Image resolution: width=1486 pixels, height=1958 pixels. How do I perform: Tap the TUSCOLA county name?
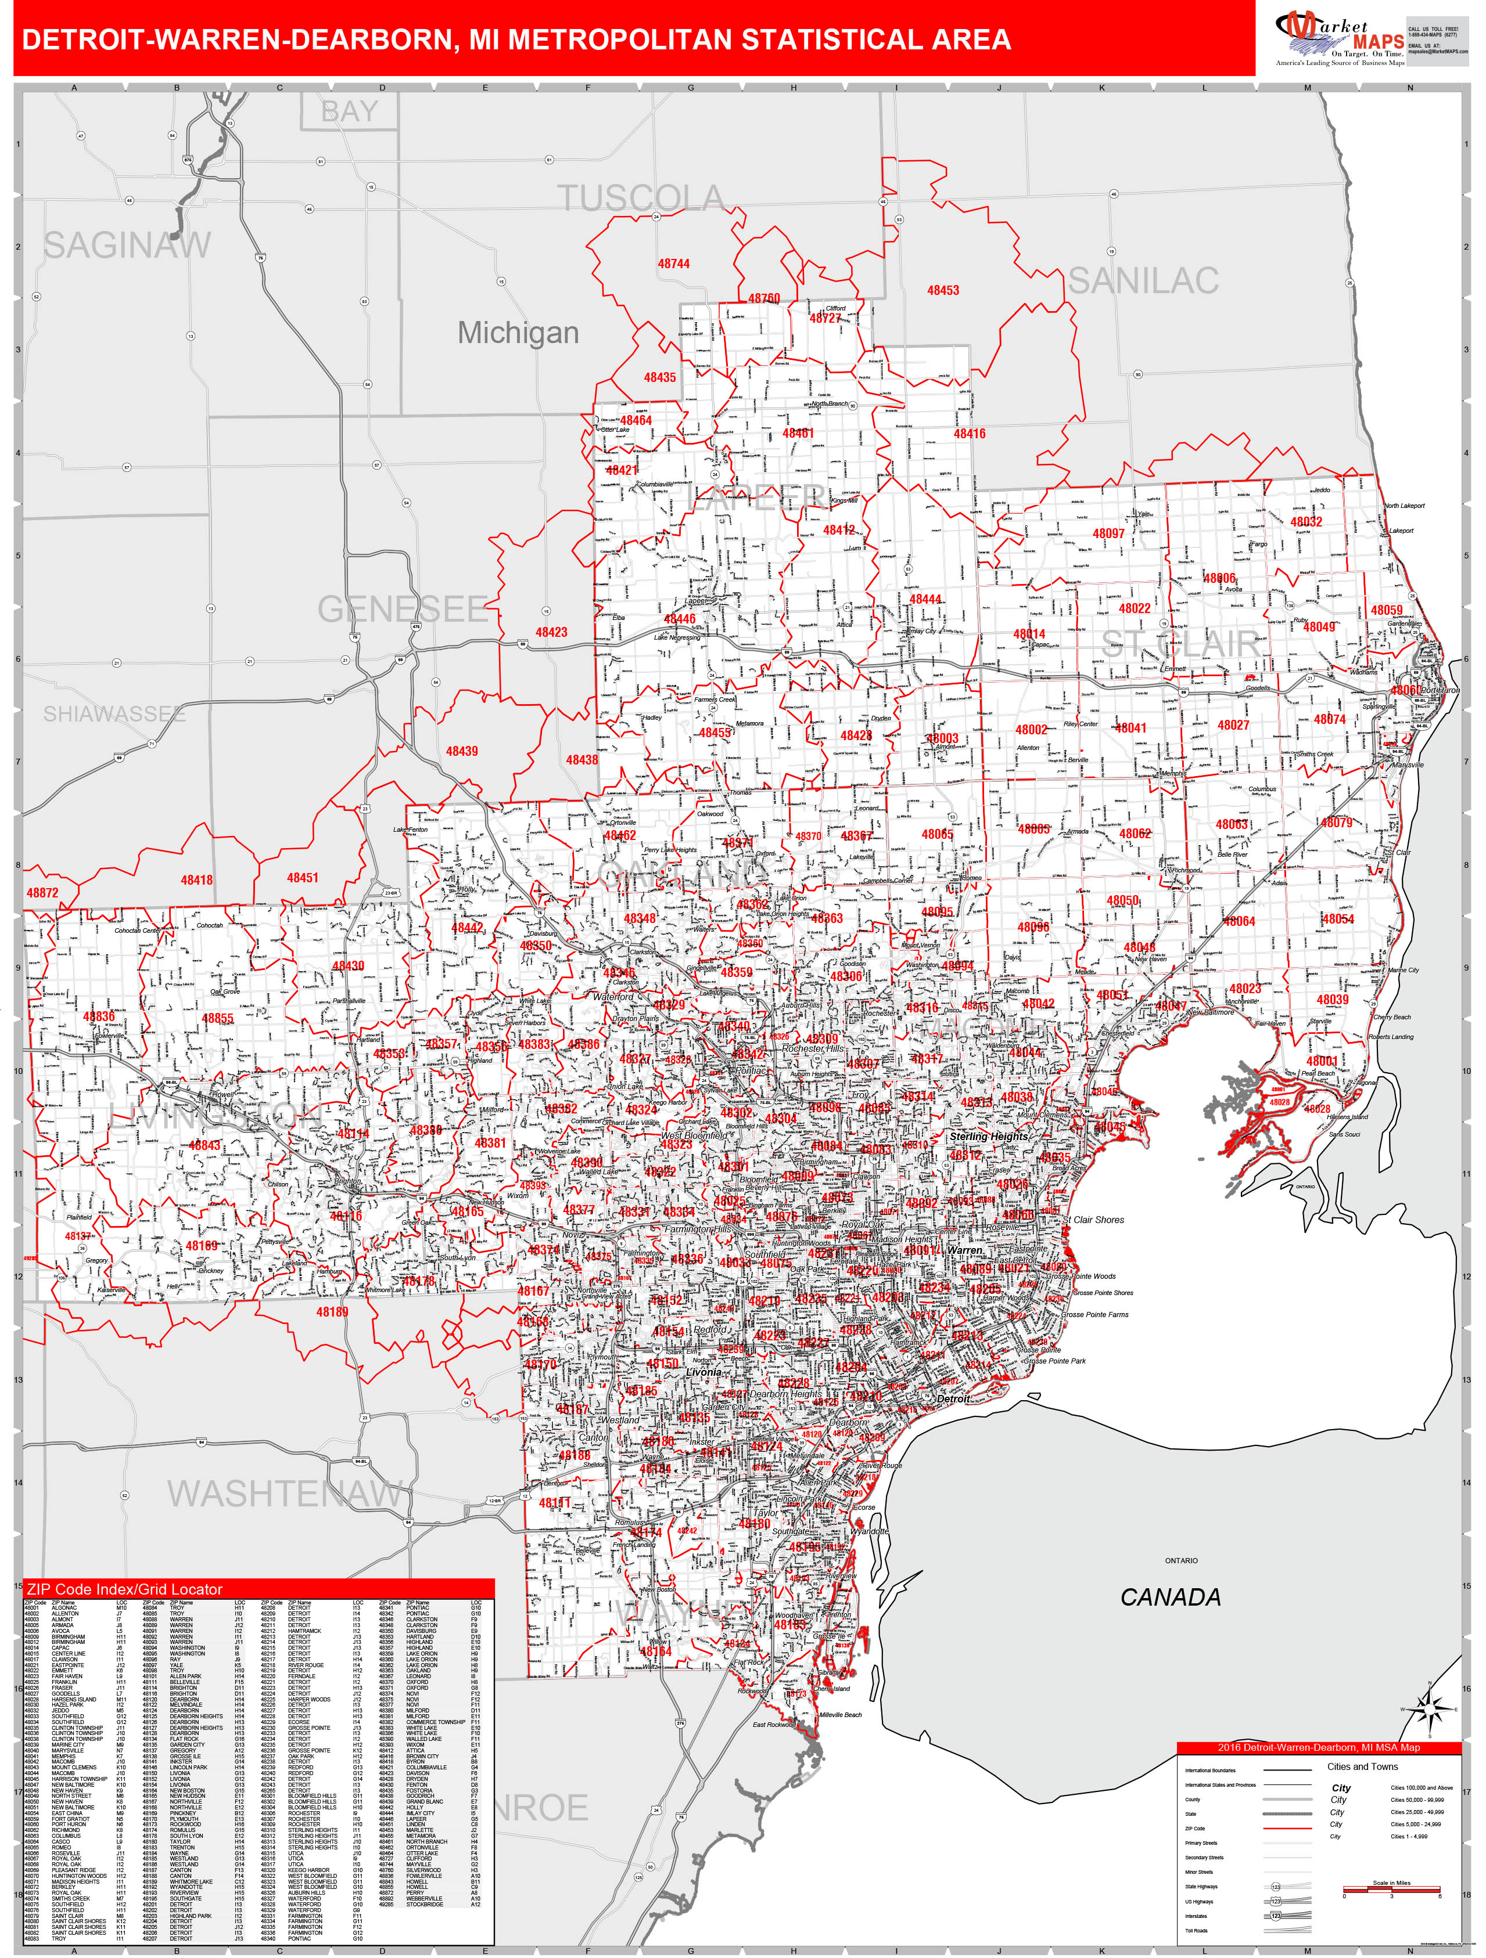[x=640, y=199]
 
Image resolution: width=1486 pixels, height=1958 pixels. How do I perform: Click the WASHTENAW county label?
[x=284, y=1494]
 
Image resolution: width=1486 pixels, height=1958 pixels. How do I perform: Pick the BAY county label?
[x=349, y=113]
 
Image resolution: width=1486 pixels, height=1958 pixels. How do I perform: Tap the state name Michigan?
[x=518, y=333]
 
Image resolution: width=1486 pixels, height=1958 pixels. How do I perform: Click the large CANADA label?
[x=1170, y=1597]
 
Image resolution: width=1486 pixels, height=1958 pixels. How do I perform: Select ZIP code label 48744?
[x=673, y=264]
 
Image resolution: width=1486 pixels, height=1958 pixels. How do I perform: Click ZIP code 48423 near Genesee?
[x=551, y=632]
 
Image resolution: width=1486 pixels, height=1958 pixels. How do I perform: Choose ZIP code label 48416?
[x=969, y=434]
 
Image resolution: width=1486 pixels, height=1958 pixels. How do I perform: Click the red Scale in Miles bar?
[x=1391, y=1889]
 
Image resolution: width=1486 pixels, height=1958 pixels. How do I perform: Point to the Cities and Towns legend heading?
[x=1362, y=1767]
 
